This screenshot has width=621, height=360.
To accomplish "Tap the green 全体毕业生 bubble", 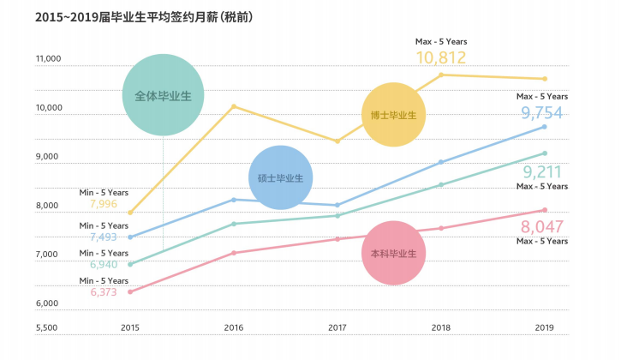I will pyautogui.click(x=163, y=94).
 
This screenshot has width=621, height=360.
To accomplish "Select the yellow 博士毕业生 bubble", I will pyautogui.click(x=393, y=115).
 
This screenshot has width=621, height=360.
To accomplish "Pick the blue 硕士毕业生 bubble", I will pyautogui.click(x=280, y=177).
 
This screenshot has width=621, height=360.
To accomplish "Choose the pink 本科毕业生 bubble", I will pyautogui.click(x=393, y=254).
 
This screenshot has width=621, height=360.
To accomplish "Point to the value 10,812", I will pyautogui.click(x=440, y=57).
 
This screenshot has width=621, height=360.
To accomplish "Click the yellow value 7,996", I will pyautogui.click(x=103, y=204).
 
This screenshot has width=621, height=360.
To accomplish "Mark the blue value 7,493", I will pyautogui.click(x=103, y=237).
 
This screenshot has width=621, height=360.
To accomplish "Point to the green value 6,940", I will pyautogui.click(x=103, y=264).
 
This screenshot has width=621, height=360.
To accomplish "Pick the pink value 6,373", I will pyautogui.click(x=103, y=291).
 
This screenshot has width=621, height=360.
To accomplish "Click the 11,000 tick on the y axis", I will pyautogui.click(x=48, y=59).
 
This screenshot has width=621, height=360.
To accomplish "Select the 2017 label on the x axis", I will pyautogui.click(x=337, y=327).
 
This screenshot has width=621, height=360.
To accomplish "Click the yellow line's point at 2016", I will pyautogui.click(x=234, y=106).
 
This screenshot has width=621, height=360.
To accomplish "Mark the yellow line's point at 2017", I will pyautogui.click(x=337, y=141).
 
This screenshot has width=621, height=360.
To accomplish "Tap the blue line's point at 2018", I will pyautogui.click(x=441, y=162).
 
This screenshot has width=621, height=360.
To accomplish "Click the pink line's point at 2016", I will pyautogui.click(x=234, y=253).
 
